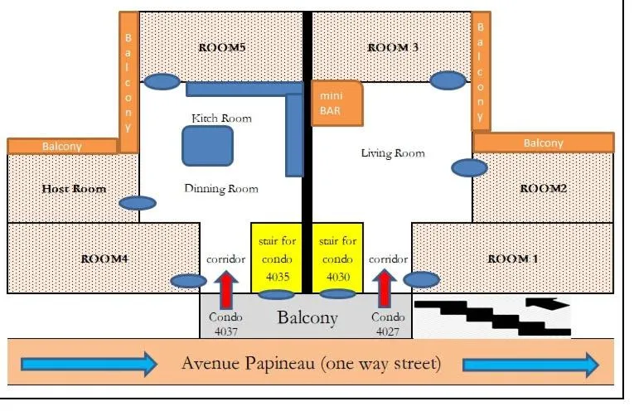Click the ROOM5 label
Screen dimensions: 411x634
coord(222,48)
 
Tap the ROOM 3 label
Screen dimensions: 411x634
coord(392,48)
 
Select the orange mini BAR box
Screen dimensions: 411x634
coord(336,104)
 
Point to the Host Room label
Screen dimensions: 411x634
coord(74,189)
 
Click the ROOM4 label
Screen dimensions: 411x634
coord(104,259)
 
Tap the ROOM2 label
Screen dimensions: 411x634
coord(543,189)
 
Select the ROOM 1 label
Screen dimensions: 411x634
coord(513,259)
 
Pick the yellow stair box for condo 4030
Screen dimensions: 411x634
coord(337,257)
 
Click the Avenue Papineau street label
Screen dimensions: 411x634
coord(311,363)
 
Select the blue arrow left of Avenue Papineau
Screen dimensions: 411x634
coord(88,363)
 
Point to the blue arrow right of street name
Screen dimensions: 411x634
coord(530,363)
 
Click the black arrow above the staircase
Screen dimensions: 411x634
coord(549,304)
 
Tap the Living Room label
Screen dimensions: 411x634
coord(393,153)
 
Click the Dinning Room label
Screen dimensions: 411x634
coord(220,188)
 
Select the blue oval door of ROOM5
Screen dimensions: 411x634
coord(162,81)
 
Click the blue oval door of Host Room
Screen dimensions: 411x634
coord(138,203)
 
